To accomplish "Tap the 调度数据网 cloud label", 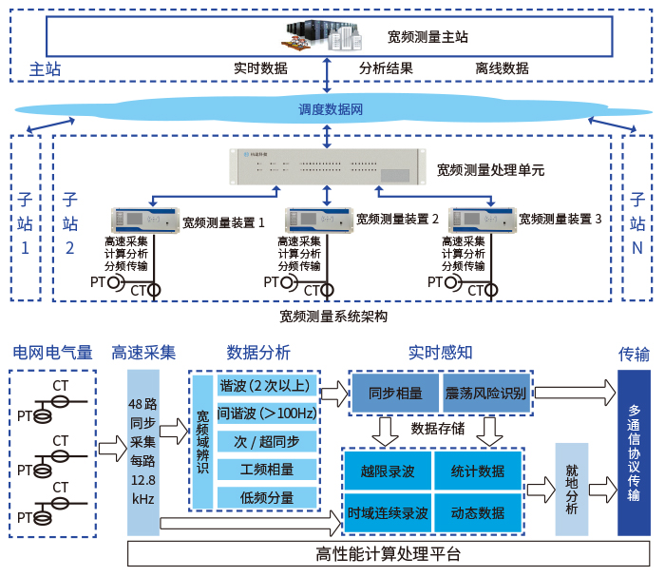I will pos(331,109).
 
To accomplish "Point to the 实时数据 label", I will pos(260,68).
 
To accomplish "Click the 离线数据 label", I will pos(502,68).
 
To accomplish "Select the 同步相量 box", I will pos(395,393).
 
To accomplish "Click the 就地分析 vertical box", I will pos(572,489).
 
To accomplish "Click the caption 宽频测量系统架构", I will pos(333,316).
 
